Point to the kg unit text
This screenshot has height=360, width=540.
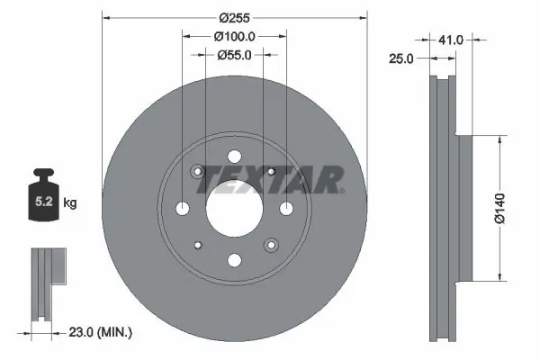(x=69, y=204)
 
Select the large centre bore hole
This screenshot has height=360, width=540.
(x=234, y=209)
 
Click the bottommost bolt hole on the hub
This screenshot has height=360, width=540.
(x=234, y=261)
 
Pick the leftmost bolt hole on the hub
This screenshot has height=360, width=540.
(x=183, y=209)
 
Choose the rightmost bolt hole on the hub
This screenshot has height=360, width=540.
(x=286, y=209)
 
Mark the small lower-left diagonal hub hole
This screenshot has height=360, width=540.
(x=199, y=244)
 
